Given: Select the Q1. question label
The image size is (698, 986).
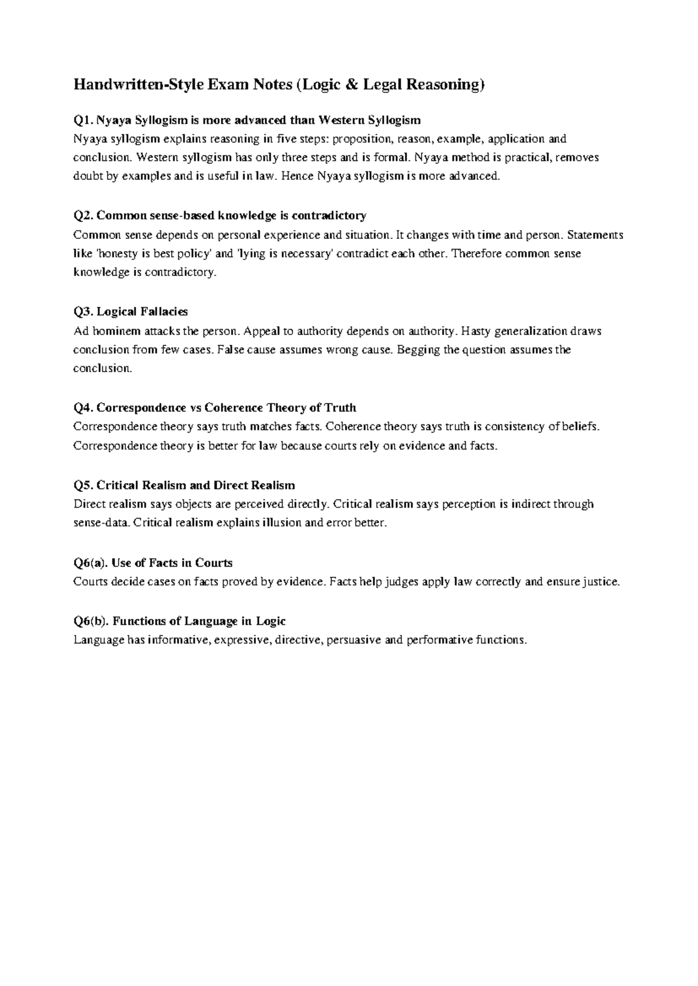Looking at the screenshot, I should [x=83, y=120].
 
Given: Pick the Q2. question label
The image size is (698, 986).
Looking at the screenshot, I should [x=83, y=216].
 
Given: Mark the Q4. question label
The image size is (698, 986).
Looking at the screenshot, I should [x=83, y=408].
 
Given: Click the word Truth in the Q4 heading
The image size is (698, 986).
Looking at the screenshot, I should [x=340, y=408].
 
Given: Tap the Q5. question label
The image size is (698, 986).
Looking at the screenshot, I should [x=83, y=485].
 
